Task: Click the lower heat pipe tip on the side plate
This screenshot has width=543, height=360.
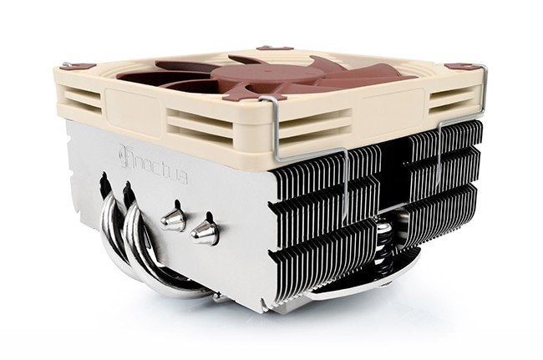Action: [x=204, y=232]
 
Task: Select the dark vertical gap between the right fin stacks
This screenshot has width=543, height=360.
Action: [x=392, y=184]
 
